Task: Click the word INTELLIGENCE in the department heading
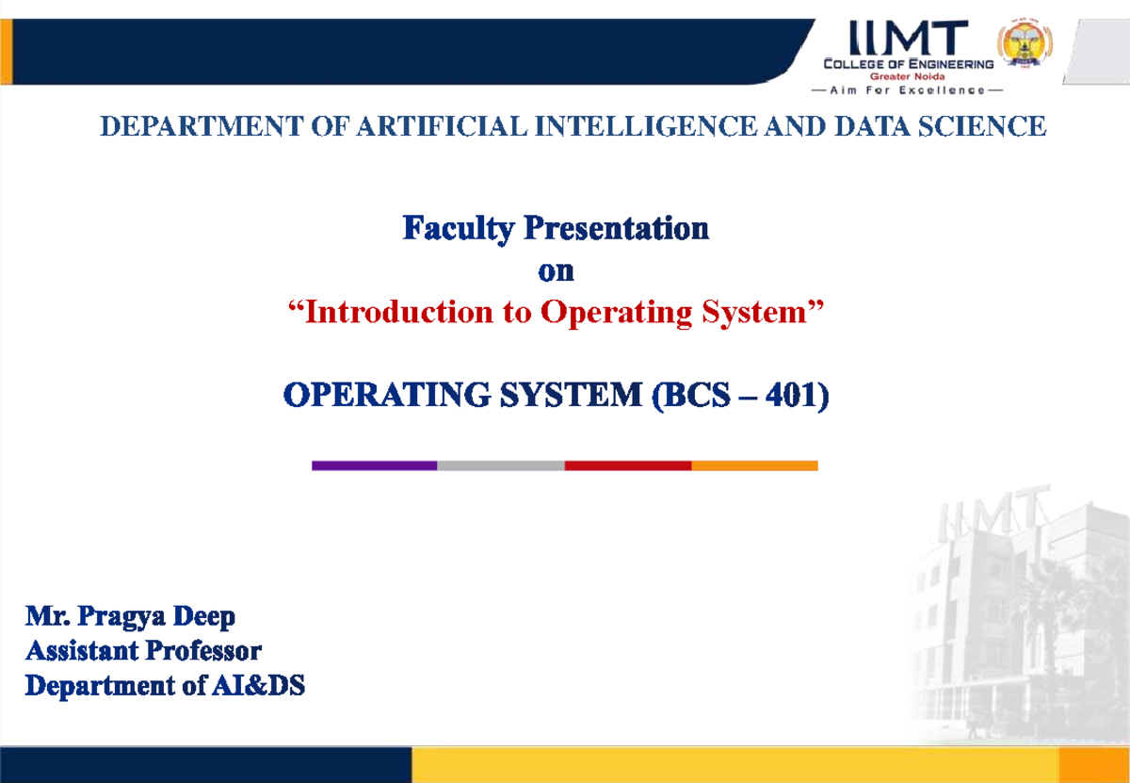646,126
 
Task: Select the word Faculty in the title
458,229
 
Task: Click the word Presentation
617,229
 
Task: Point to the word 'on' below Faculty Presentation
556,271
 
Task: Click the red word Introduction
399,312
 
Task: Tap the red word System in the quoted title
754,313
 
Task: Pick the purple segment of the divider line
375,465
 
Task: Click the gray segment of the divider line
501,465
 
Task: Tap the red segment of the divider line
628,465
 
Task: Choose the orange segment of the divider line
754,465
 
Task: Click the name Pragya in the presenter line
121,617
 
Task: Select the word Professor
203,651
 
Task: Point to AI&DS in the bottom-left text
258,686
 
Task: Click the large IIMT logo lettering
909,38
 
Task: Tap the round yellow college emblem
1025,42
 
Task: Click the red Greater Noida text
907,76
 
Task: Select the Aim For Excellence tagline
907,90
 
